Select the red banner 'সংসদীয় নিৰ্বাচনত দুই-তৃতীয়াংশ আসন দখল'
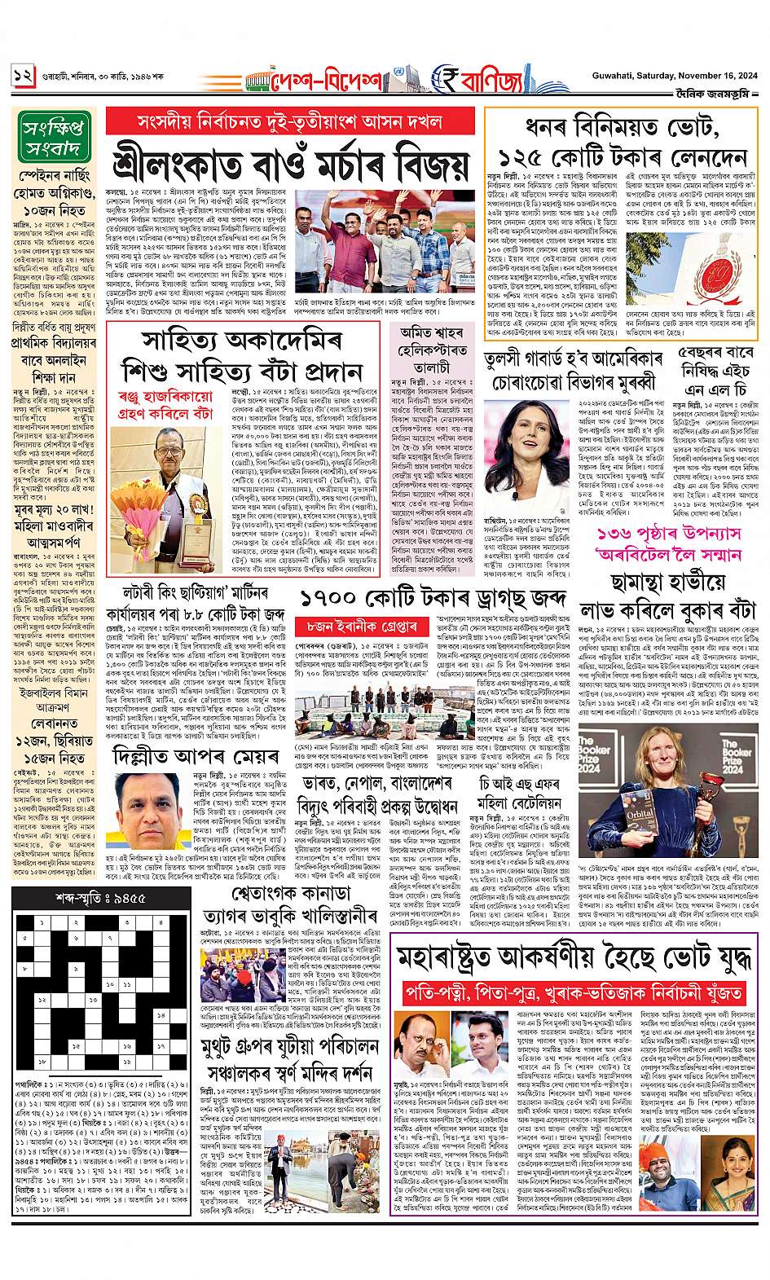point(289,123)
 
